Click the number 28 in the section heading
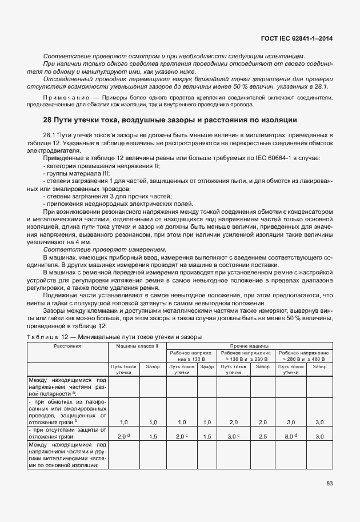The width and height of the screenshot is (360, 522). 48,120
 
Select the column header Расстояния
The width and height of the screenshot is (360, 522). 67,346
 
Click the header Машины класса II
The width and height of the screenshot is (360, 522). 137,346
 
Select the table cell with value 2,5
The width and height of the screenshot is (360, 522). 262,436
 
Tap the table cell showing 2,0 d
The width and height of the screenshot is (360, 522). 124,436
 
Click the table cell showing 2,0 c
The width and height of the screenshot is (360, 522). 182,436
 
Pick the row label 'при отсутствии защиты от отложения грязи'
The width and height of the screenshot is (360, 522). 67,433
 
